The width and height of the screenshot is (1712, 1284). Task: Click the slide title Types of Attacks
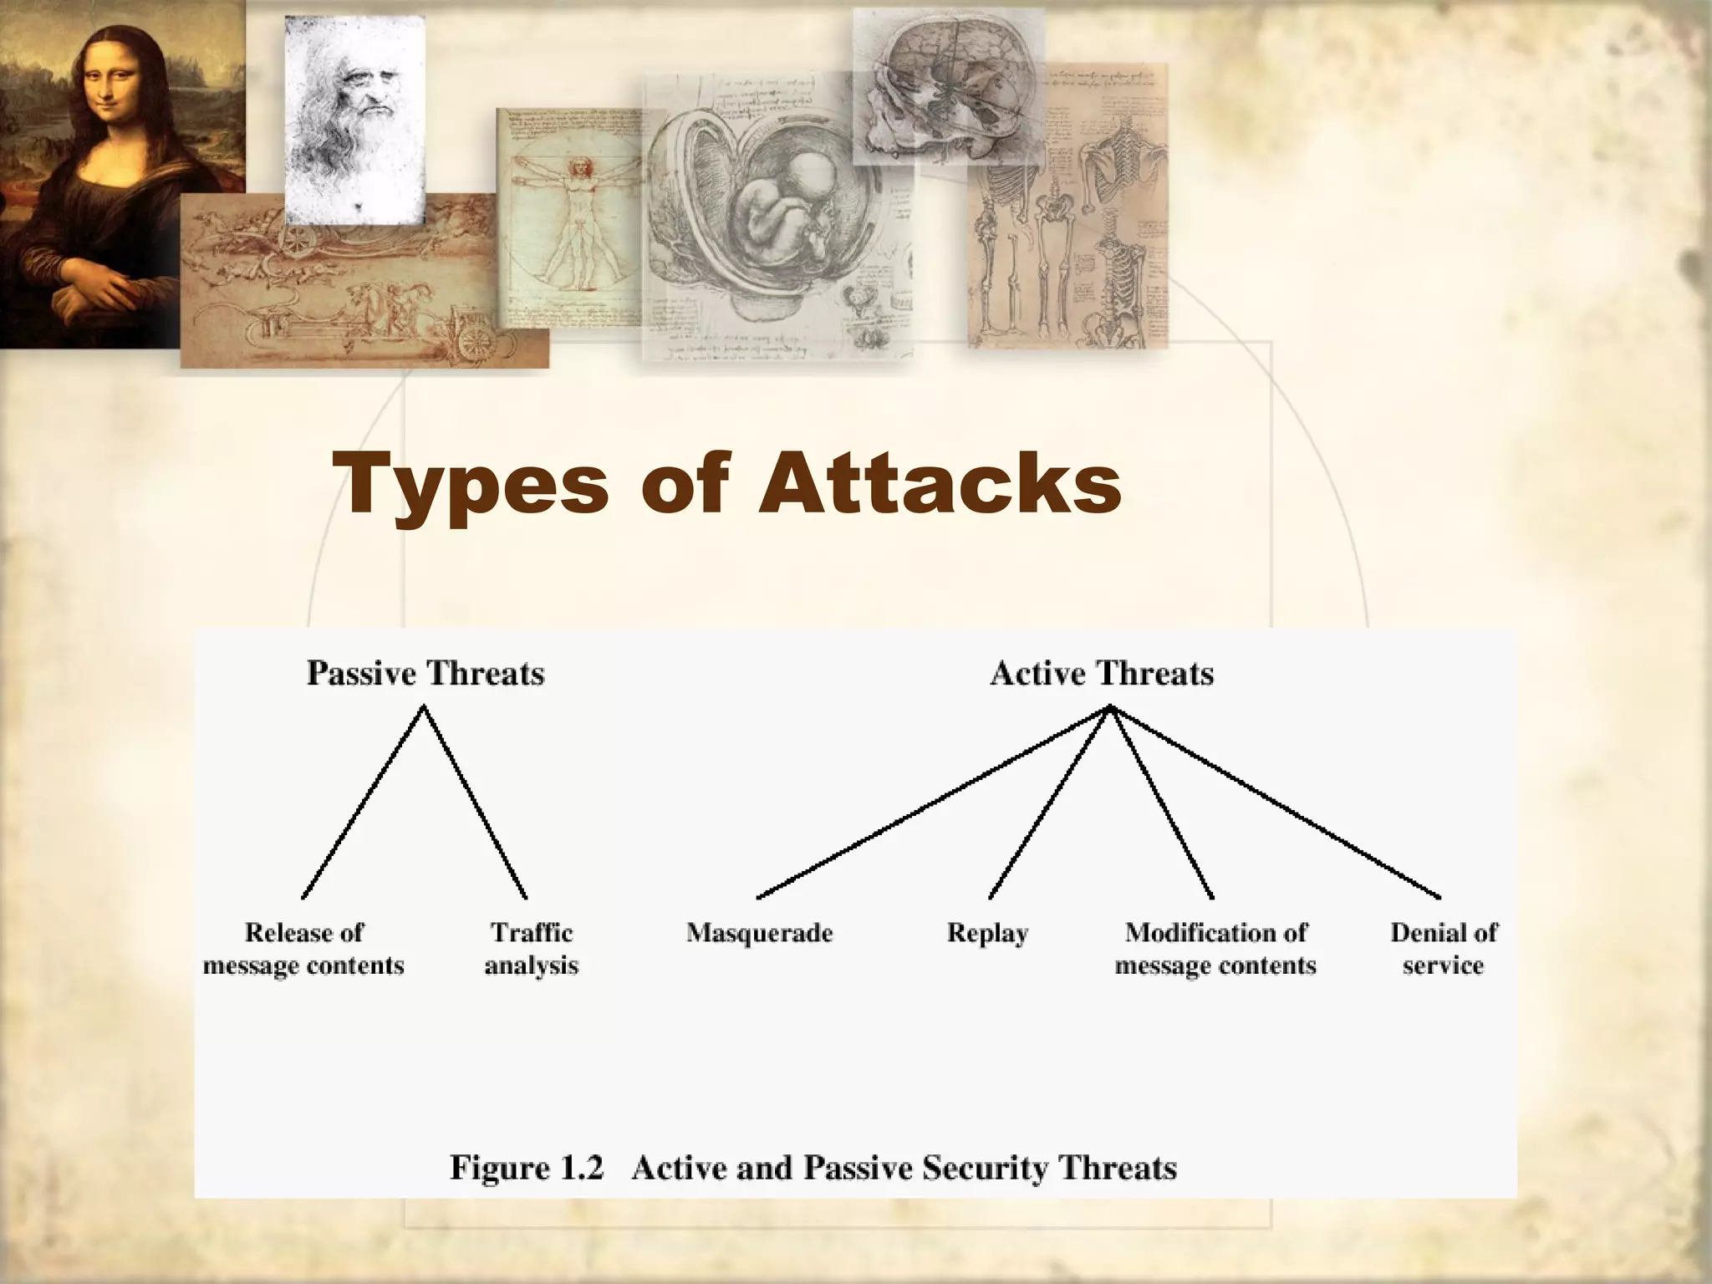pos(726,484)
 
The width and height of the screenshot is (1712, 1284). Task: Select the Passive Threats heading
pos(425,674)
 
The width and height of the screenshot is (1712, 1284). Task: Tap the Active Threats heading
pos(1102,674)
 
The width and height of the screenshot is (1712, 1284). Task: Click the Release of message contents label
pos(303,949)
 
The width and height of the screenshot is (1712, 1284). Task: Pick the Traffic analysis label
pos(532,949)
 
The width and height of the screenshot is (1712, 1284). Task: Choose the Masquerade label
pos(760,933)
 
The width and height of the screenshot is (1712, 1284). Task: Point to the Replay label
pos(987,933)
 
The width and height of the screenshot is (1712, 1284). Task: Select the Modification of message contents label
pos(1215,949)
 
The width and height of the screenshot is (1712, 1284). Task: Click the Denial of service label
pos(1444,949)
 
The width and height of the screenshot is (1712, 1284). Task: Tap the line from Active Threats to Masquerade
pos(932,802)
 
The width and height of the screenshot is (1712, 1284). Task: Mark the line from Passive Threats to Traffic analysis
pos(475,802)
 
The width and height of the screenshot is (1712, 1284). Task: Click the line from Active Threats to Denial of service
pos(1275,802)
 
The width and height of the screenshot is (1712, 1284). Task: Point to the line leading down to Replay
pos(1050,802)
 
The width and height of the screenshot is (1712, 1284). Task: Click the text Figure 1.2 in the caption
pos(527,1168)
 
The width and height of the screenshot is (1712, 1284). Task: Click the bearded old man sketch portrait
pos(354,117)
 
